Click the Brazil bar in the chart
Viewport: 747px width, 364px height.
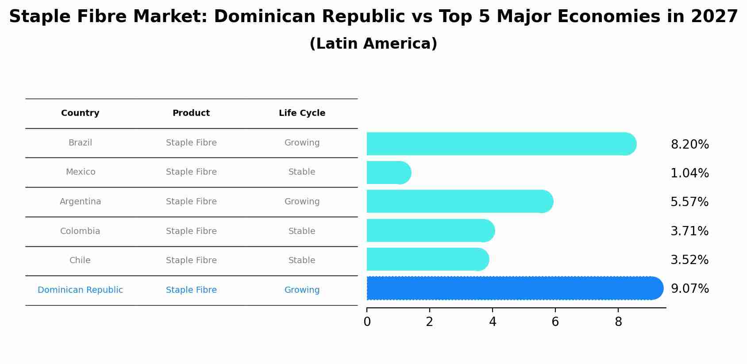500,144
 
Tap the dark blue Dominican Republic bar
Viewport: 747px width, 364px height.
513,288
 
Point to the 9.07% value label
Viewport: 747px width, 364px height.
689,289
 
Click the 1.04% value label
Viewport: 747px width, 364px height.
689,173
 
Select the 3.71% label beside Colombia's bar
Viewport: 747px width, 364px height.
689,231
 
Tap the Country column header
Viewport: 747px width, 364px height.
80,113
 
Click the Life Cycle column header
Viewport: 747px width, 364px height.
302,113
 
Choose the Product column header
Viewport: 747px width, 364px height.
191,113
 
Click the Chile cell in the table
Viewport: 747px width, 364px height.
80,261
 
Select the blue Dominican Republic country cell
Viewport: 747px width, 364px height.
80,290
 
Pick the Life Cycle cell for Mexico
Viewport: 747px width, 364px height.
302,172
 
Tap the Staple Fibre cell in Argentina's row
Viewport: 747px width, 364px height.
191,202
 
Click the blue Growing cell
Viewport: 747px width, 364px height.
302,290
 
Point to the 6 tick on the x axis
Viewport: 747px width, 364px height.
555,322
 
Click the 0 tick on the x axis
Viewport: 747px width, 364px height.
367,322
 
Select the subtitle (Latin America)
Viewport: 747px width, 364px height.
373,44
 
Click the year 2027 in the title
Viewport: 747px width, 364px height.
714,17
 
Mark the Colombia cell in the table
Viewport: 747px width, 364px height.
80,231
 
